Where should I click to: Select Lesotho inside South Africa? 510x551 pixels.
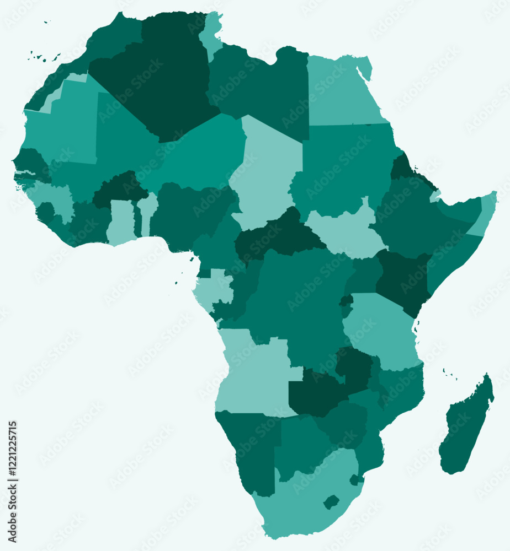click(331, 502)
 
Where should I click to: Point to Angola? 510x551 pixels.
click(251, 375)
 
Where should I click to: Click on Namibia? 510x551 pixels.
click(251, 446)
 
